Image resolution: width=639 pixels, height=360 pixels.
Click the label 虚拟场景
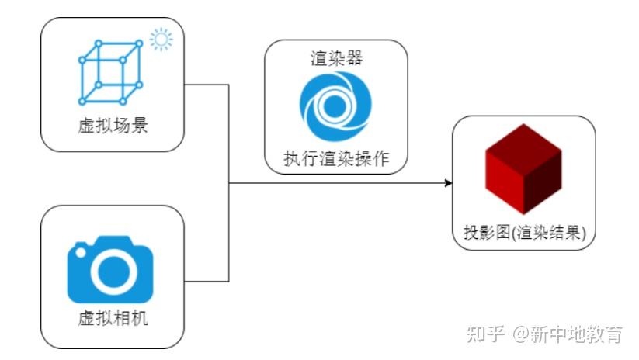(x=113, y=125)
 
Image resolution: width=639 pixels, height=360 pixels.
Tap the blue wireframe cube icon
(x=111, y=71)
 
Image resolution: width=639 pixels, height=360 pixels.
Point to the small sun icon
(x=161, y=38)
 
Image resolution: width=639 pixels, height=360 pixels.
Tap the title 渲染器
(x=335, y=57)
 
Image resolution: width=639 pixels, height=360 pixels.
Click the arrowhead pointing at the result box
(x=448, y=183)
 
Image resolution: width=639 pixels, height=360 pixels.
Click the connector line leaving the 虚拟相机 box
(x=207, y=280)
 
